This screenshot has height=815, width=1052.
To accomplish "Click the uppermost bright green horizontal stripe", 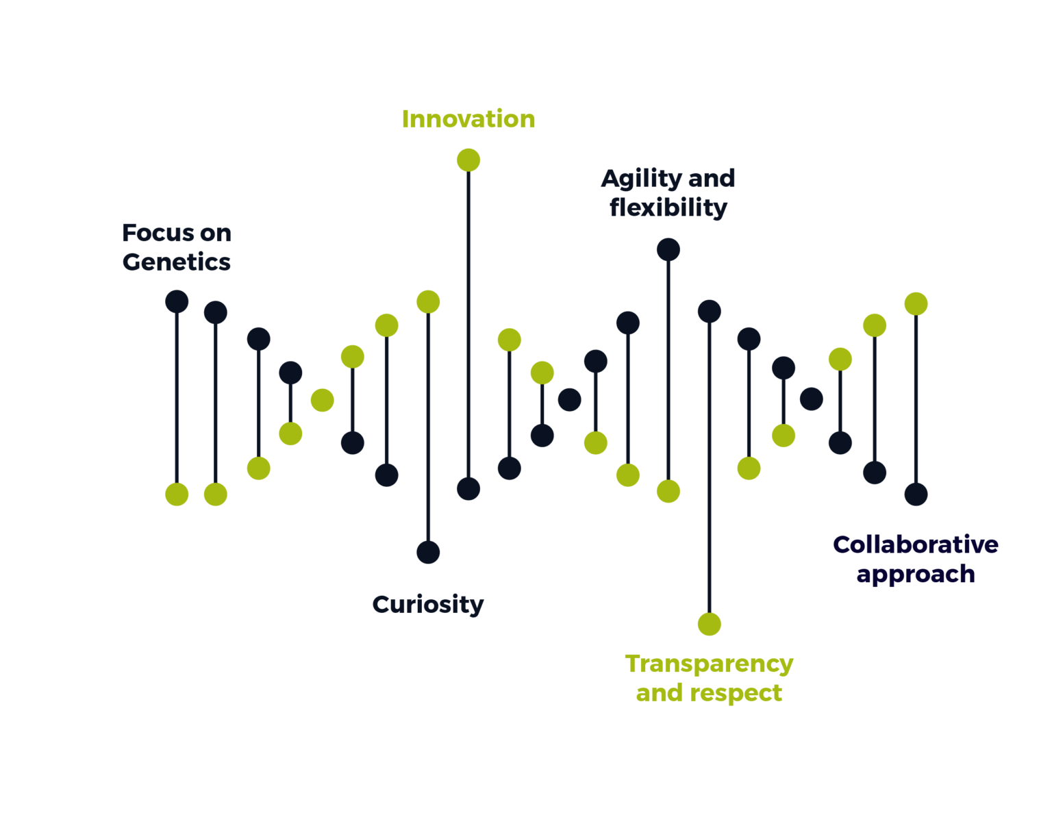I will click(x=526, y=117).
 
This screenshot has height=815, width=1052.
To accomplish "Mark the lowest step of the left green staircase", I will click(x=205, y=518).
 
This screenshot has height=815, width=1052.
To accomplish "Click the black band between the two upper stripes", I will click(x=526, y=138).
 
